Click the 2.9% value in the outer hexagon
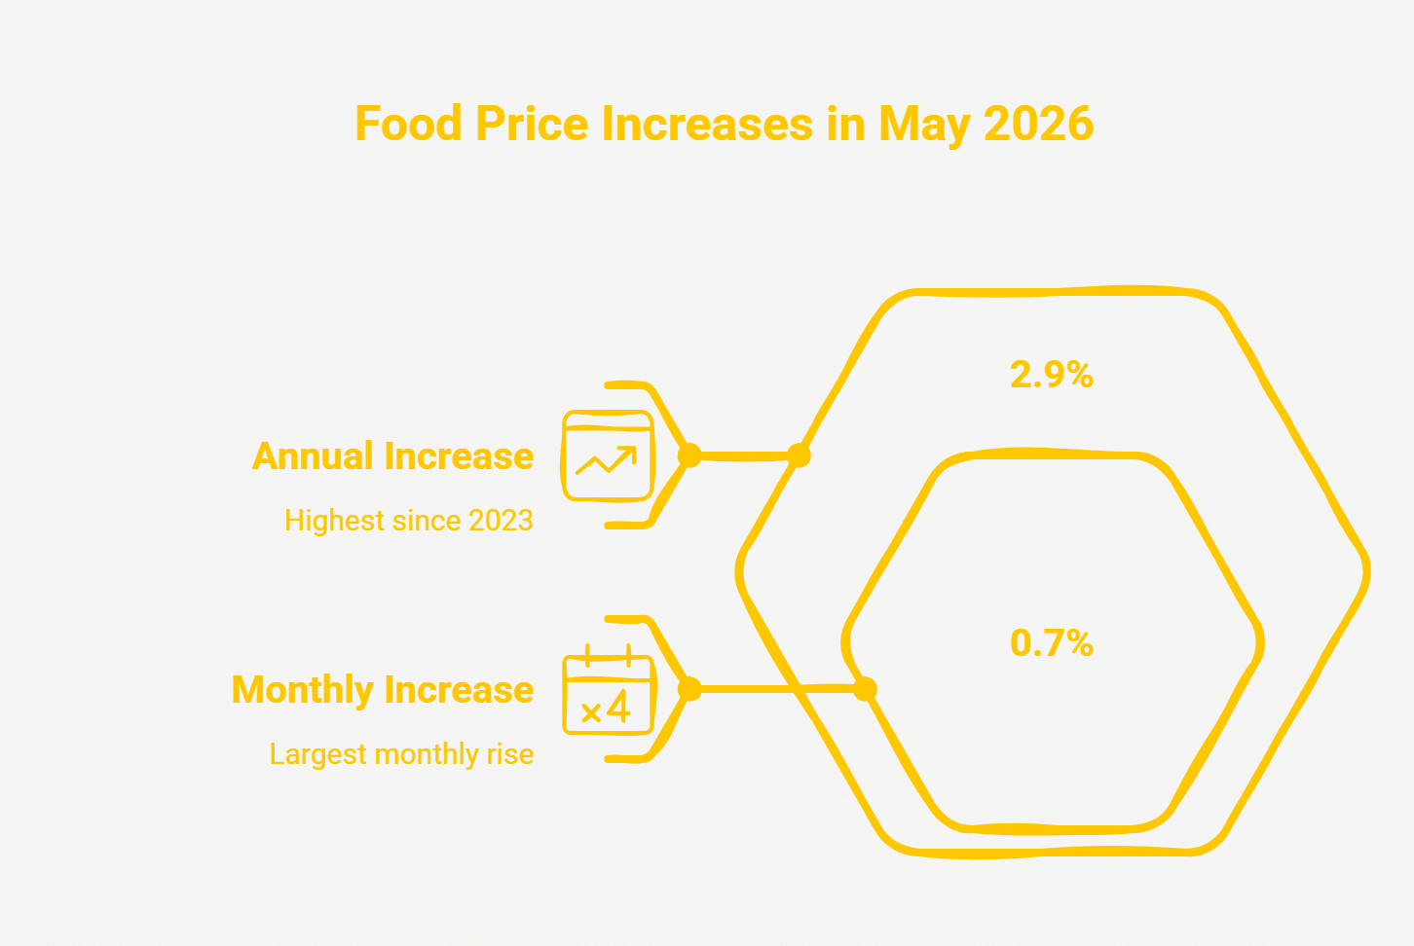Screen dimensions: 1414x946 [1052, 375]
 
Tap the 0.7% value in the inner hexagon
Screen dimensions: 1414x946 [1052, 643]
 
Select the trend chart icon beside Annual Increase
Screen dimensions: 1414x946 [608, 456]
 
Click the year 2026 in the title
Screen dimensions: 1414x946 [1038, 123]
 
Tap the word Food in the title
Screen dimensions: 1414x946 [408, 123]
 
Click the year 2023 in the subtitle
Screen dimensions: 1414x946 [501, 521]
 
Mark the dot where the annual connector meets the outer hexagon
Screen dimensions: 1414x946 [800, 455]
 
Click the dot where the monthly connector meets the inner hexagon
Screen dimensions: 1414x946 [865, 689]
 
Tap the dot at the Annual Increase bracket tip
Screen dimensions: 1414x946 [689, 455]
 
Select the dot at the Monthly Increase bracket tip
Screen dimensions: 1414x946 [689, 689]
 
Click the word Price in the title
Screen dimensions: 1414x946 [532, 123]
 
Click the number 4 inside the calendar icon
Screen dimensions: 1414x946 [618, 707]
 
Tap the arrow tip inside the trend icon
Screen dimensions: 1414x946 [634, 449]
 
